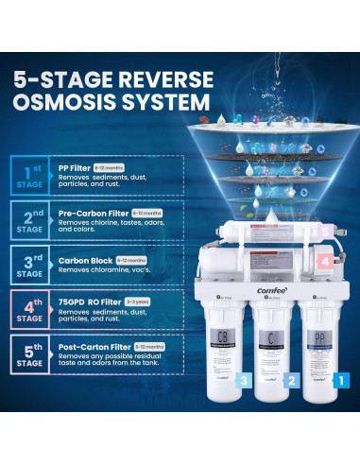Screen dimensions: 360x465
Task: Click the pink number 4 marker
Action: pyautogui.click(x=324, y=260)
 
